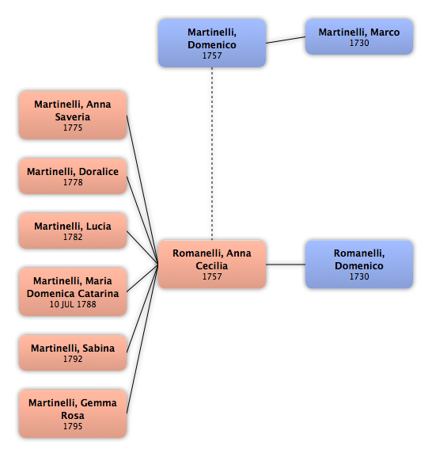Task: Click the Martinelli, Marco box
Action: click(359, 37)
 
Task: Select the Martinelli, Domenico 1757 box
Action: click(212, 43)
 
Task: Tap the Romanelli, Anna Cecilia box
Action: click(212, 265)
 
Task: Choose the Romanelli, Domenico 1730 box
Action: click(359, 265)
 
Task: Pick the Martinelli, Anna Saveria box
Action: click(73, 115)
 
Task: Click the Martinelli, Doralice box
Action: click(73, 177)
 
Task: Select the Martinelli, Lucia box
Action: click(73, 230)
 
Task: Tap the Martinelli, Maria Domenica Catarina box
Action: click(73, 291)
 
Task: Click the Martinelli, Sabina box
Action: click(73, 352)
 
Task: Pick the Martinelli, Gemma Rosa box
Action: click(73, 413)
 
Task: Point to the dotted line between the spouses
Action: click(212, 154)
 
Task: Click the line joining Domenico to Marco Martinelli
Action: click(286, 40)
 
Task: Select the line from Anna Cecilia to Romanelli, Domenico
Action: click(286, 265)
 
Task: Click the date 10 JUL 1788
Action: click(73, 304)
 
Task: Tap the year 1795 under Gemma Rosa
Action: click(73, 426)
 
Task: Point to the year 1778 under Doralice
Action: click(73, 182)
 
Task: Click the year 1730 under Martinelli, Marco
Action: click(359, 43)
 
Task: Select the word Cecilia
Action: click(211, 266)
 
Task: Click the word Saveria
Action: click(73, 117)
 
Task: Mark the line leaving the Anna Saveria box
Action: click(142, 190)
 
